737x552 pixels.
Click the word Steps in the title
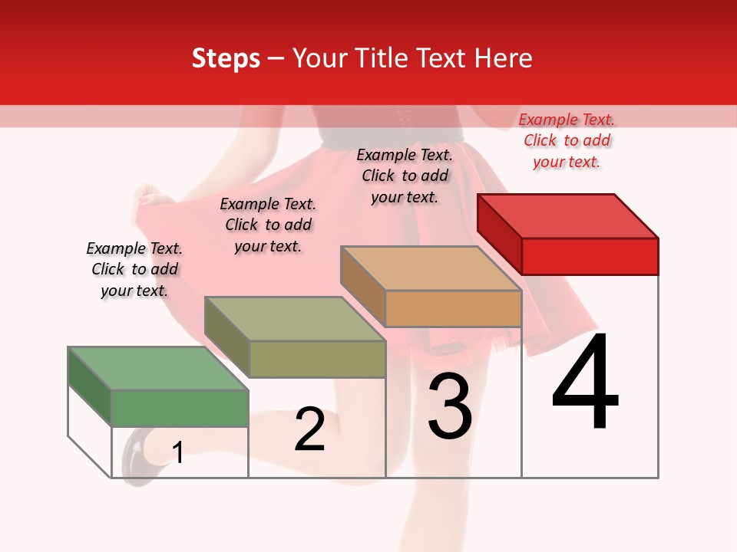tap(225, 58)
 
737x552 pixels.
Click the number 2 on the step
tap(309, 429)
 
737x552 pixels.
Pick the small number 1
tap(178, 453)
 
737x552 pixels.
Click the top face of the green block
tap(158, 368)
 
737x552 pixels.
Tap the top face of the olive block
tap(295, 318)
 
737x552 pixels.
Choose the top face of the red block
tap(568, 215)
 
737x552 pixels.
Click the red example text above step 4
tap(567, 140)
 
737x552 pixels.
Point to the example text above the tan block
tap(405, 176)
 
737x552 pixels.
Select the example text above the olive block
tap(268, 225)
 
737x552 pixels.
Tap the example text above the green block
tap(134, 269)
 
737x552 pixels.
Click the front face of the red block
tap(590, 256)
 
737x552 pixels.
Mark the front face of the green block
tap(180, 408)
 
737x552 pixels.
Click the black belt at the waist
tap(430, 135)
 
